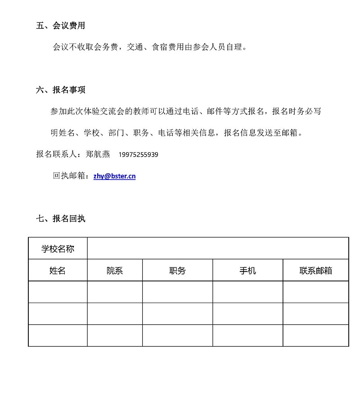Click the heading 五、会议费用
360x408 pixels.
60,26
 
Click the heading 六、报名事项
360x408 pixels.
60,90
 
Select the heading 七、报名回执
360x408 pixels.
60,218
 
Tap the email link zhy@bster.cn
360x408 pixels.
114,176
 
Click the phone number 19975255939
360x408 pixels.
138,154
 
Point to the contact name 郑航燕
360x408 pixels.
98,154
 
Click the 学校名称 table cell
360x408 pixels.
58,249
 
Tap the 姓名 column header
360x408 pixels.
58,270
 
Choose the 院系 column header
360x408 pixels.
115,270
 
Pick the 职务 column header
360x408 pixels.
177,270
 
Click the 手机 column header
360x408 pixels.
247,270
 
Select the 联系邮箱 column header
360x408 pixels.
316,270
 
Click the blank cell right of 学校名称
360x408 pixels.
218,249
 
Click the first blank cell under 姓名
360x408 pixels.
58,292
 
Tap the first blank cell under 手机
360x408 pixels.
247,292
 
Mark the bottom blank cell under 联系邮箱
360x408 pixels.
316,335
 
